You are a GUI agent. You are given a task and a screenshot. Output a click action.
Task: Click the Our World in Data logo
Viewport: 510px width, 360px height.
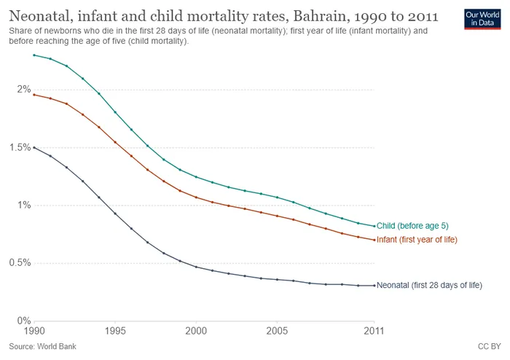[x=482, y=19]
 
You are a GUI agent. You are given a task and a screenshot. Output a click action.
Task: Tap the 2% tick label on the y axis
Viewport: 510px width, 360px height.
[x=24, y=89]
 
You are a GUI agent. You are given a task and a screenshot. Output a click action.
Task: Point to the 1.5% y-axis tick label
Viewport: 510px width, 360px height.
[x=20, y=147]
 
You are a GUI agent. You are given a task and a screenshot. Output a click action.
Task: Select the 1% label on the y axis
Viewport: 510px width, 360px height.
[x=24, y=205]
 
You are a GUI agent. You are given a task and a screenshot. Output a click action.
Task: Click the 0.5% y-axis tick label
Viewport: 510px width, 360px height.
[x=20, y=263]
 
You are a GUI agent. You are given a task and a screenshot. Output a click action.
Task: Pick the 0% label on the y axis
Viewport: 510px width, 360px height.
[x=24, y=321]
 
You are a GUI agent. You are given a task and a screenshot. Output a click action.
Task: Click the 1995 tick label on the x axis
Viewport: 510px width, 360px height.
[x=115, y=331]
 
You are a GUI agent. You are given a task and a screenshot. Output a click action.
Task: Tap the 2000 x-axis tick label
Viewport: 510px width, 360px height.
[x=196, y=331]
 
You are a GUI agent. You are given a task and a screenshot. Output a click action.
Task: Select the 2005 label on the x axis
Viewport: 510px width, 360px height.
[x=277, y=331]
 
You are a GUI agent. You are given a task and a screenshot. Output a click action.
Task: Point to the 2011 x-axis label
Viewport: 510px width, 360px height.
[x=374, y=331]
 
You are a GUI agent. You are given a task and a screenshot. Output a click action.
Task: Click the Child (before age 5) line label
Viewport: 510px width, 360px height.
[x=412, y=226]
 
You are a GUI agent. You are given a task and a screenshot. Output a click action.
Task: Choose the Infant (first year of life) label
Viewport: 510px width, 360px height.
[x=417, y=240]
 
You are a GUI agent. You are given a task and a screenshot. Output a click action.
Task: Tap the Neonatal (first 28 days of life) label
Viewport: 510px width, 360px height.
[x=429, y=285]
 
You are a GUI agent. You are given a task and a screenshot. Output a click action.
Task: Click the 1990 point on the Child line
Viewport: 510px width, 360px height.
[x=34, y=55]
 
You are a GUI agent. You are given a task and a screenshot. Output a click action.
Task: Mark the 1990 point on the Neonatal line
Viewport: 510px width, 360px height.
[x=34, y=148]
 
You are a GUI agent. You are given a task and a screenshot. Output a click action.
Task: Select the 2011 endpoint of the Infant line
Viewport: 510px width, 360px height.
[x=374, y=240]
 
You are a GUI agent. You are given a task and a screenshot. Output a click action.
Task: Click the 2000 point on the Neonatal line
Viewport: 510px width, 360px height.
[x=196, y=267]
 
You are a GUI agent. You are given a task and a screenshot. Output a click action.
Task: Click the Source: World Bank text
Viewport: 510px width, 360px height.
[x=42, y=347]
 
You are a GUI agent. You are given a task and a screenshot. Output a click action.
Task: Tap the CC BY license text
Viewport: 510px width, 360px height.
[x=489, y=347]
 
